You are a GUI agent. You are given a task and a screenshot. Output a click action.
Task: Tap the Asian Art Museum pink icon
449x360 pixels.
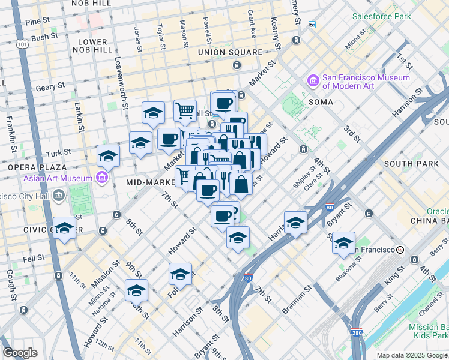(101, 178)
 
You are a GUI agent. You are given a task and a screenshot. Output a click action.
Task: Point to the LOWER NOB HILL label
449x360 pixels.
(91, 46)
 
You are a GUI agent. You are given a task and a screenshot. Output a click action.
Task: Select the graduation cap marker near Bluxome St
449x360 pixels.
(343, 242)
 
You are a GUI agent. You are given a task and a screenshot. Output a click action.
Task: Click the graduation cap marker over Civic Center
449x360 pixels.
(65, 228)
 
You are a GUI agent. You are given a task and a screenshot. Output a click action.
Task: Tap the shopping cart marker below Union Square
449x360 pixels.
(185, 110)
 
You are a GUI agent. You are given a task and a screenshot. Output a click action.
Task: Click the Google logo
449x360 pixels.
(20, 352)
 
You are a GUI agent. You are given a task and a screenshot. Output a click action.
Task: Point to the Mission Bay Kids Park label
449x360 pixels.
(424, 331)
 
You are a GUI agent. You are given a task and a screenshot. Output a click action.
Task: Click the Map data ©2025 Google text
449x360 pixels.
(412, 355)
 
